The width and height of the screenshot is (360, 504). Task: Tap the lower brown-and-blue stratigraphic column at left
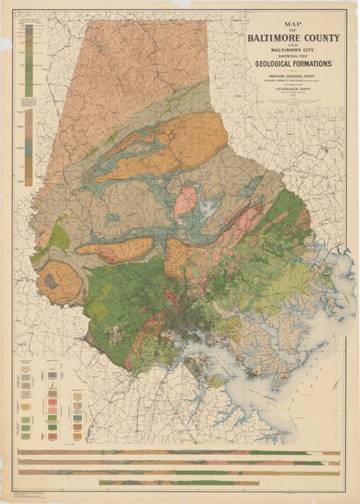point(29,147)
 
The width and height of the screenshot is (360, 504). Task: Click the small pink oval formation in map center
point(185,200)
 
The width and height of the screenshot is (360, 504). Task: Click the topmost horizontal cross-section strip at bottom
point(178,453)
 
